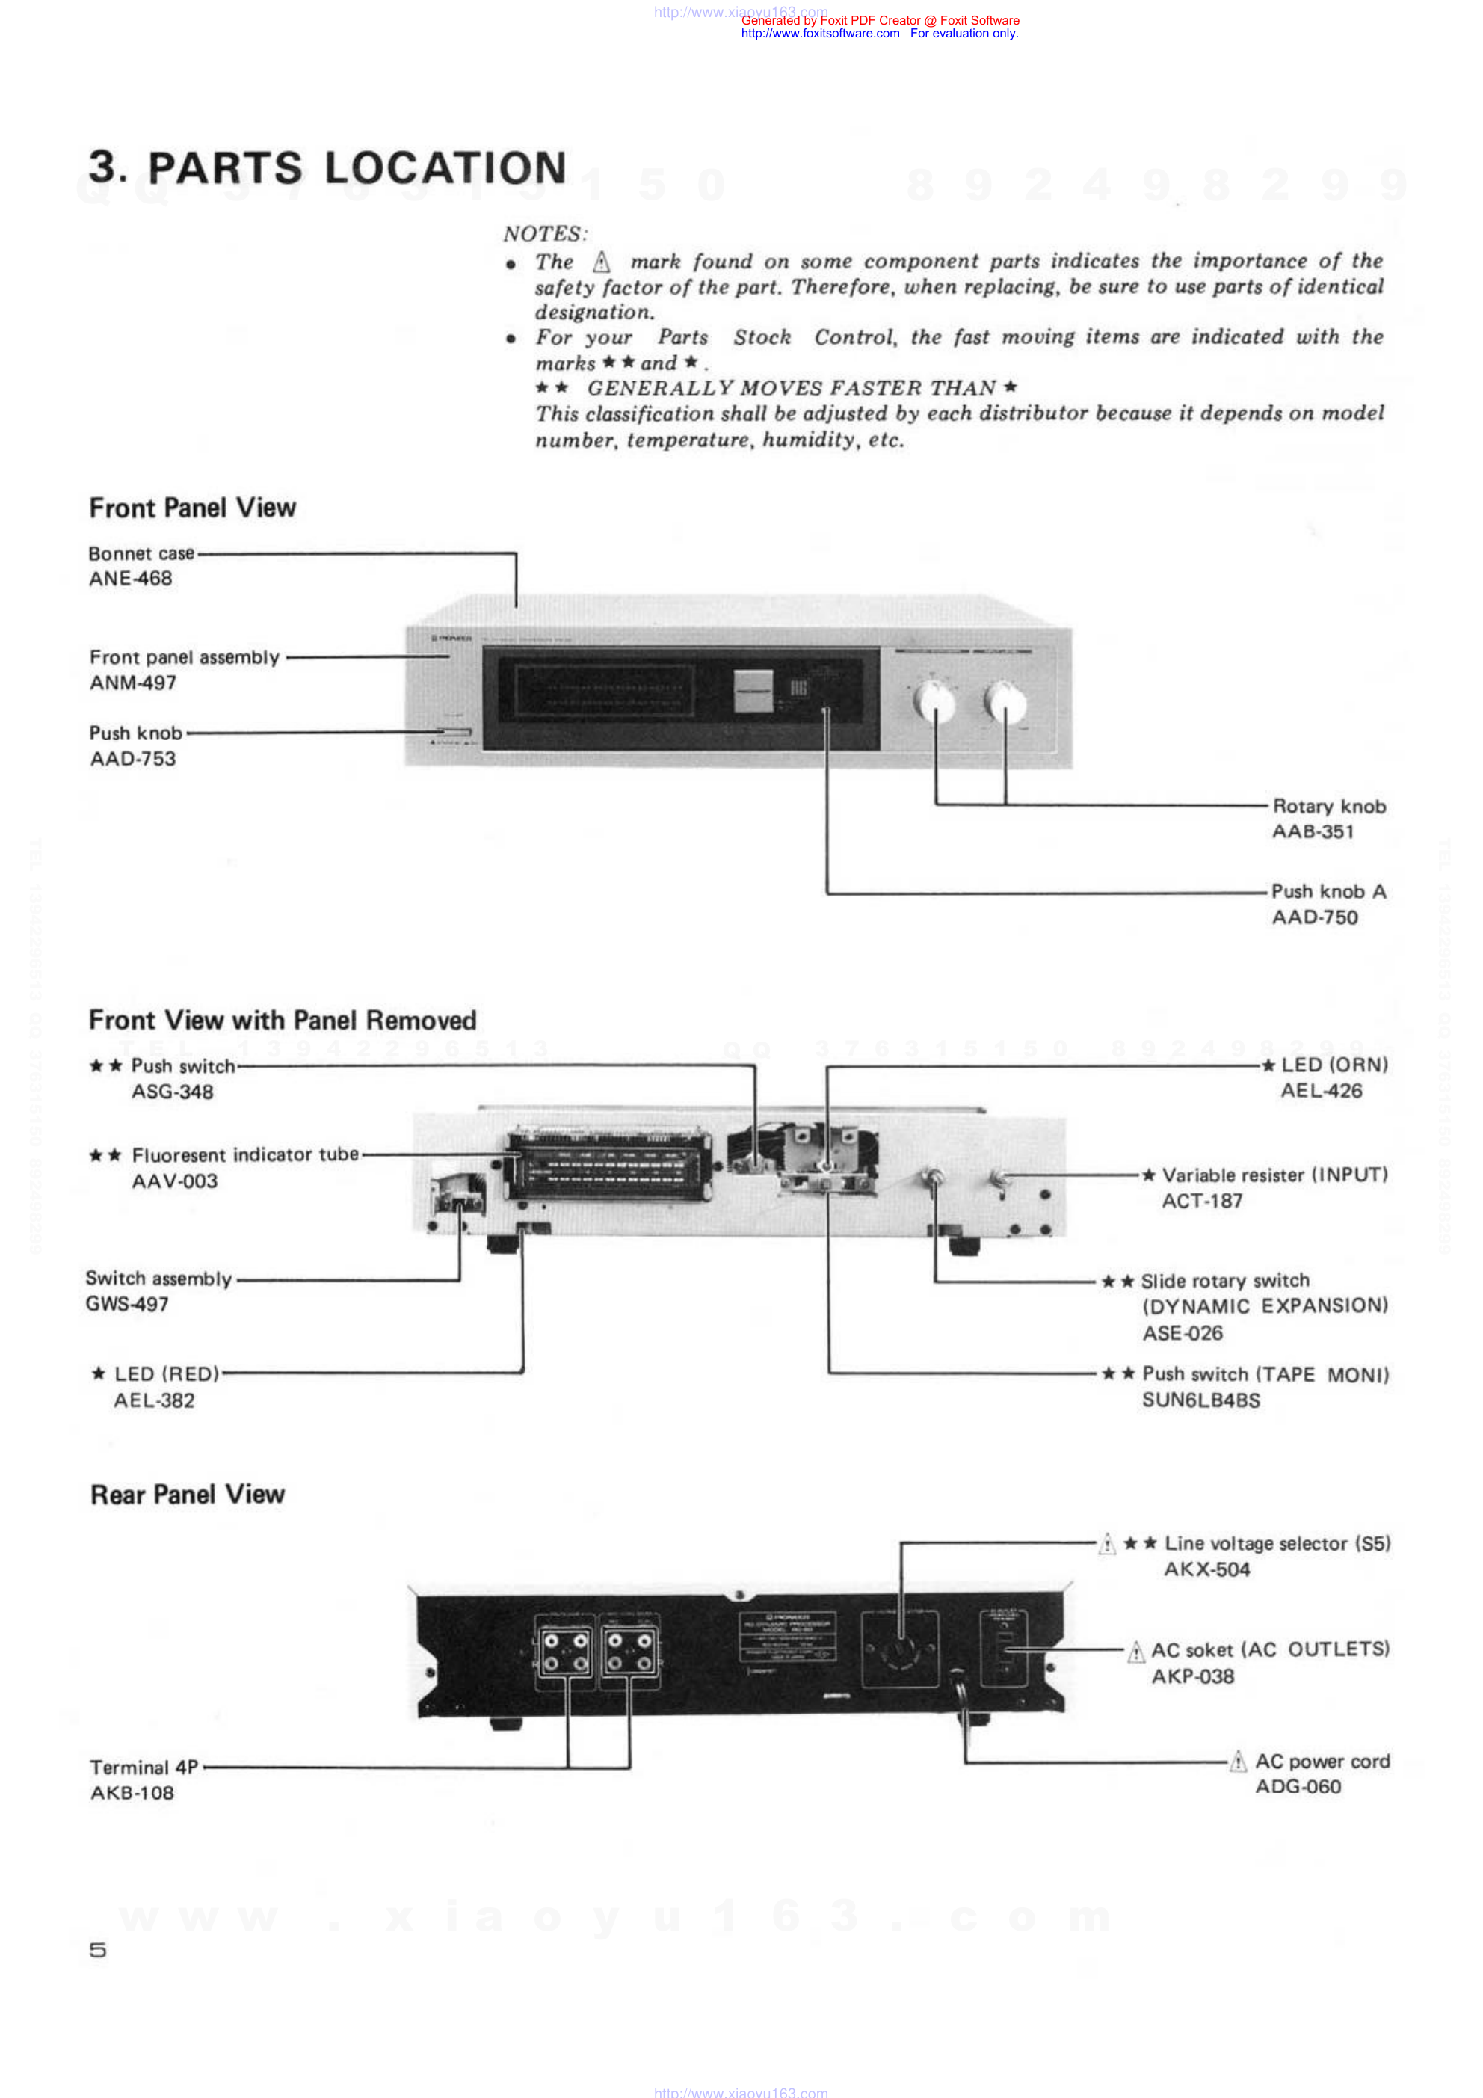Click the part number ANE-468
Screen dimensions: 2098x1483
[x=130, y=579]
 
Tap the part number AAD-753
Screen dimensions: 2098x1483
[x=132, y=758]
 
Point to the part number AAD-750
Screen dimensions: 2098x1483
[x=1314, y=917]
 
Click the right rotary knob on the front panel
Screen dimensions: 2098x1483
[x=1005, y=702]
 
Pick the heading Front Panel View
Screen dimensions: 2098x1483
[x=192, y=508]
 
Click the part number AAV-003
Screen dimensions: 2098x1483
[x=174, y=1181]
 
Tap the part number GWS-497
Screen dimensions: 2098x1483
[x=127, y=1304]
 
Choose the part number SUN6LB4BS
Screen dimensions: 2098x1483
[x=1200, y=1400]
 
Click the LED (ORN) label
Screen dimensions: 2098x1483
[x=1334, y=1065]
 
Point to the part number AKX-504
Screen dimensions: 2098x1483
[x=1206, y=1569]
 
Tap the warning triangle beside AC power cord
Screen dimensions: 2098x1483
[x=1237, y=1761]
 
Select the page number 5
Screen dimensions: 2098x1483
[x=98, y=1950]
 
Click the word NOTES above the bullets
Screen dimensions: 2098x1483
[x=545, y=234]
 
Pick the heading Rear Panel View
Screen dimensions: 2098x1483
[x=188, y=1494]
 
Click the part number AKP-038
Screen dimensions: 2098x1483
[x=1192, y=1676]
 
